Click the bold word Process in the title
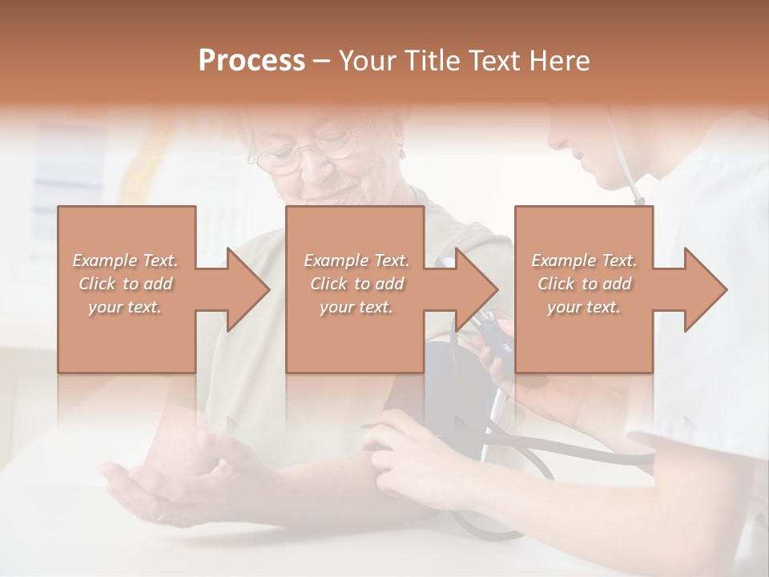point(252,61)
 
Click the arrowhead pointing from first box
point(244,289)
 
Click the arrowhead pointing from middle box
point(473,289)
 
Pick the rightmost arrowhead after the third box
point(701,289)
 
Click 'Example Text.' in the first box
point(126,260)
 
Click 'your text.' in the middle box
point(356,307)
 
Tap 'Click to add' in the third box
point(585,284)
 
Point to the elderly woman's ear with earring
point(401,151)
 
